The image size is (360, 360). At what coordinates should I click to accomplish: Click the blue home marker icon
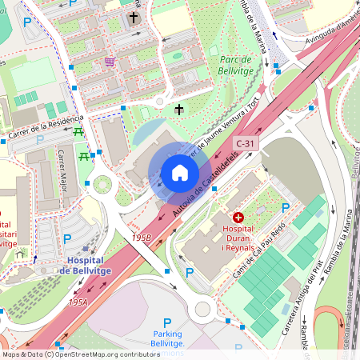[x=179, y=173]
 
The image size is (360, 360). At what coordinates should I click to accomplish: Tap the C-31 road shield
[x=246, y=143]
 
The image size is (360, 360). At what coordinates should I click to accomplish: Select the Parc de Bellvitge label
[x=235, y=64]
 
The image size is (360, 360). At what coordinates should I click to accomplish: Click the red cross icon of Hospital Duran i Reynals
[x=238, y=217]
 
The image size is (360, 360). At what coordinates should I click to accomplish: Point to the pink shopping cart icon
[x=109, y=61]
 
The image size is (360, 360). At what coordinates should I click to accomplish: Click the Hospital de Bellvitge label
[x=84, y=266]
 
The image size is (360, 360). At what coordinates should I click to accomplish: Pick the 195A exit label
[x=78, y=302]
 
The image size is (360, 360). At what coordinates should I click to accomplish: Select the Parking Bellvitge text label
[x=168, y=338]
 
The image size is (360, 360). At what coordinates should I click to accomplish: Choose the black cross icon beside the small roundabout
[x=178, y=109]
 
